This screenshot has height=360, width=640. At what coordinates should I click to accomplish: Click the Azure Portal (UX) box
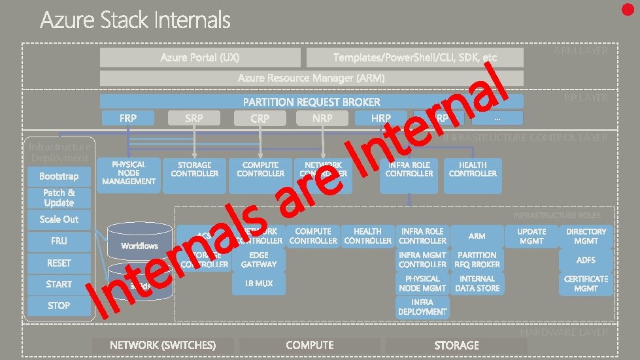(200, 57)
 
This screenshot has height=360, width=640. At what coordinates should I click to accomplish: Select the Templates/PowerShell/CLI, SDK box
(415, 57)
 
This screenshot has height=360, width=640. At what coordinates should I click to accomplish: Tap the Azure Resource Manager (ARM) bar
(311, 78)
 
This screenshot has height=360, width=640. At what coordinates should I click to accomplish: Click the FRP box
(128, 118)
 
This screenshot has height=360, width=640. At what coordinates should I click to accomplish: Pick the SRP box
(194, 118)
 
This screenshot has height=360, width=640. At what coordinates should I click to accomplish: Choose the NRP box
(322, 118)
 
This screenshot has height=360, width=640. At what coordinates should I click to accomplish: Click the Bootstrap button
(59, 176)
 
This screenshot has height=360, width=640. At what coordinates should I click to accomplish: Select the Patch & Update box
(59, 197)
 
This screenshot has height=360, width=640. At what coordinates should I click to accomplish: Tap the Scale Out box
(59, 220)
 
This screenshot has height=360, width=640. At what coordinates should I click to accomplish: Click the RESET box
(59, 263)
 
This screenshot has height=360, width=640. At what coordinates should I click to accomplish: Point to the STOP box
(59, 305)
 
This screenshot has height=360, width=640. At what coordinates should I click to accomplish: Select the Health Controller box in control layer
(473, 174)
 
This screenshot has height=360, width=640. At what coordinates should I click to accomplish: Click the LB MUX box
(259, 284)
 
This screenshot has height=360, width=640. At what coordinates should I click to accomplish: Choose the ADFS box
(586, 260)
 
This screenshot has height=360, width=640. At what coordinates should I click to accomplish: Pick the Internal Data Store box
(477, 284)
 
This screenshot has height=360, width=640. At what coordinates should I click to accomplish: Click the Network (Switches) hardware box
(163, 345)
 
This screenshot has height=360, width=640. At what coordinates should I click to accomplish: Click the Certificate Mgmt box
(586, 284)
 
